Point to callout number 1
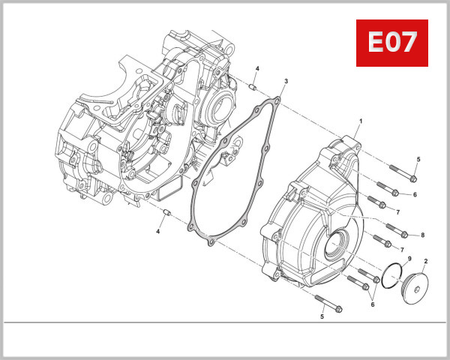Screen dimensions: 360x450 point(361,121)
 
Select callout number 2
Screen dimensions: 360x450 point(425,261)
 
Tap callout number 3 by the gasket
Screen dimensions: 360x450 point(286,81)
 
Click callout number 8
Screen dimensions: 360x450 point(423,235)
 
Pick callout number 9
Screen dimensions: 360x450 point(409,259)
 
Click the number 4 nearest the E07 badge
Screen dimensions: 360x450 point(256,69)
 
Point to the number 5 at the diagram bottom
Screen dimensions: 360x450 point(322,317)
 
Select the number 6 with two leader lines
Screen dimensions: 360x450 point(372,304)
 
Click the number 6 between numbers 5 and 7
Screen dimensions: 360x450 point(415,194)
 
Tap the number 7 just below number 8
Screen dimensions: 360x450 point(402,249)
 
